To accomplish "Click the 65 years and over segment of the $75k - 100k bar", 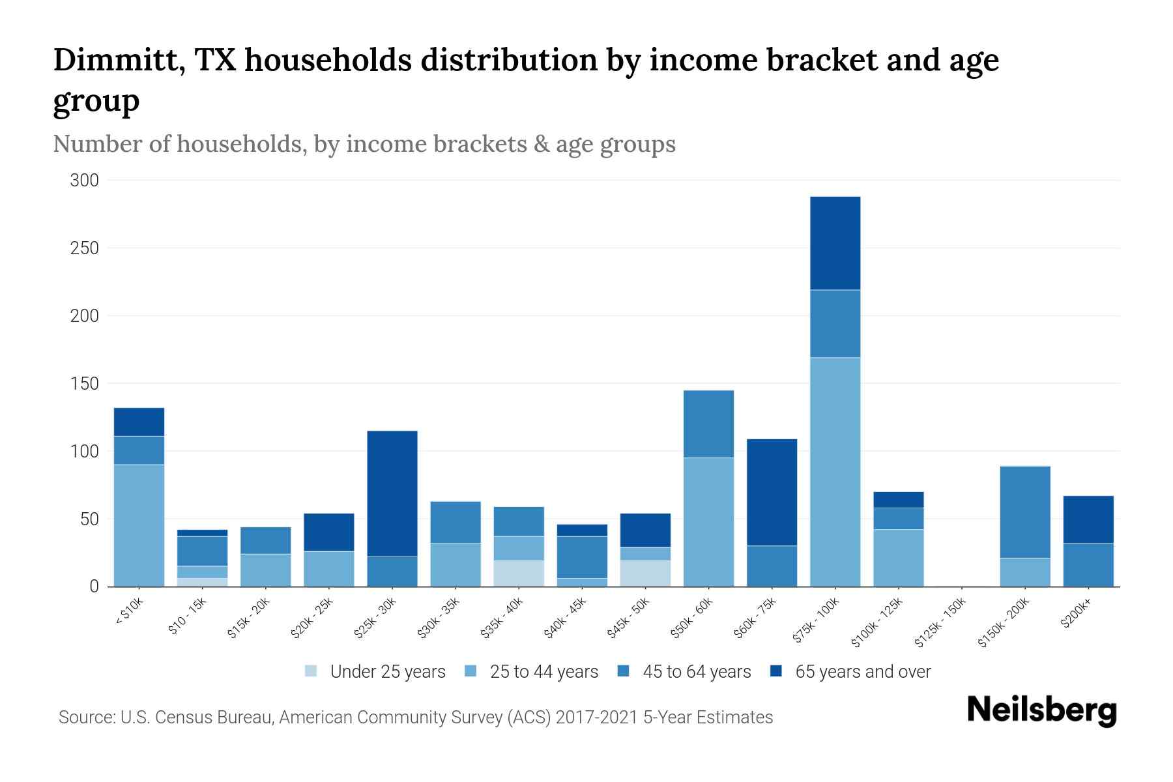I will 835,243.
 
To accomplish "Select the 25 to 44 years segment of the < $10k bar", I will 139,525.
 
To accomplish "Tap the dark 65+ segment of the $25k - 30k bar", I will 392,493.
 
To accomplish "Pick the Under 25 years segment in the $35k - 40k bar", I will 519,573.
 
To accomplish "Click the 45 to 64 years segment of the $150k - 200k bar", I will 1024,512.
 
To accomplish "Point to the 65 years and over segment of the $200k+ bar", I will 1088,519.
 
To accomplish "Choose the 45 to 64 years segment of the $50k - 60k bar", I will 708,424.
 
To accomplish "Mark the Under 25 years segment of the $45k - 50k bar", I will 645,573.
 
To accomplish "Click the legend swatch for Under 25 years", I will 311,671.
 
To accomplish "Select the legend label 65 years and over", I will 863,671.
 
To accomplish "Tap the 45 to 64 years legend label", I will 697,671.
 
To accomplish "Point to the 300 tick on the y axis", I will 84,181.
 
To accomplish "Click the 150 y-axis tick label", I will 84,384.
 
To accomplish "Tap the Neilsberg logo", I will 1041,711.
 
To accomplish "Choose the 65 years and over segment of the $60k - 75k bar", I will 772,492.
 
